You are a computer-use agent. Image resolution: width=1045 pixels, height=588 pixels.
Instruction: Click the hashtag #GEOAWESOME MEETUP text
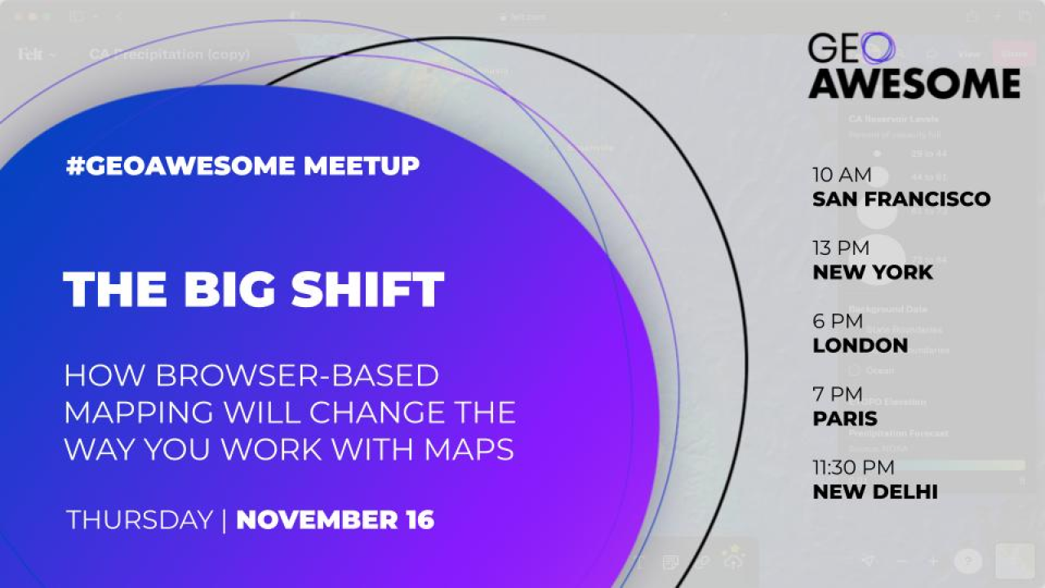[x=242, y=166]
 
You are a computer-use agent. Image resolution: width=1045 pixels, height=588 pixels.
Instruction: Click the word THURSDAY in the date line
[x=139, y=520]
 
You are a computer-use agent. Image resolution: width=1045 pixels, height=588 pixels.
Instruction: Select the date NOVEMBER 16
[x=335, y=520]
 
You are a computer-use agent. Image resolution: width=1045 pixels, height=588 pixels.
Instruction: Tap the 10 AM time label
[x=842, y=175]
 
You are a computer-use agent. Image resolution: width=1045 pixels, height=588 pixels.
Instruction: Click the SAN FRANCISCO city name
[x=901, y=199]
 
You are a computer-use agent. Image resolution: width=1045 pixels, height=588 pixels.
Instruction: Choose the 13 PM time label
[x=841, y=247]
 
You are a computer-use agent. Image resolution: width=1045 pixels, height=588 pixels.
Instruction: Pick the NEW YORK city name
[x=872, y=273]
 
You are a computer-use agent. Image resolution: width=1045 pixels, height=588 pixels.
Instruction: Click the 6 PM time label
[x=837, y=321]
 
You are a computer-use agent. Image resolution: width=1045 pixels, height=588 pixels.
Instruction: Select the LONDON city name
[x=860, y=345]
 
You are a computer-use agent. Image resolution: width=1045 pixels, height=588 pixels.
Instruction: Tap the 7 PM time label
[x=837, y=394]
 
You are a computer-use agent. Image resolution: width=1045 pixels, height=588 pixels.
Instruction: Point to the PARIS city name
[x=845, y=419]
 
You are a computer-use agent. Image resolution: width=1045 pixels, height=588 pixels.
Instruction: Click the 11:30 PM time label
[x=853, y=467]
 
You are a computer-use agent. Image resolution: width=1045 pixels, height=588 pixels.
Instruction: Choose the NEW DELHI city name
[x=874, y=492]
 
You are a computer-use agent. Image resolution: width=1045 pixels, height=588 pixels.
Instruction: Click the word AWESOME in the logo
[x=914, y=82]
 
